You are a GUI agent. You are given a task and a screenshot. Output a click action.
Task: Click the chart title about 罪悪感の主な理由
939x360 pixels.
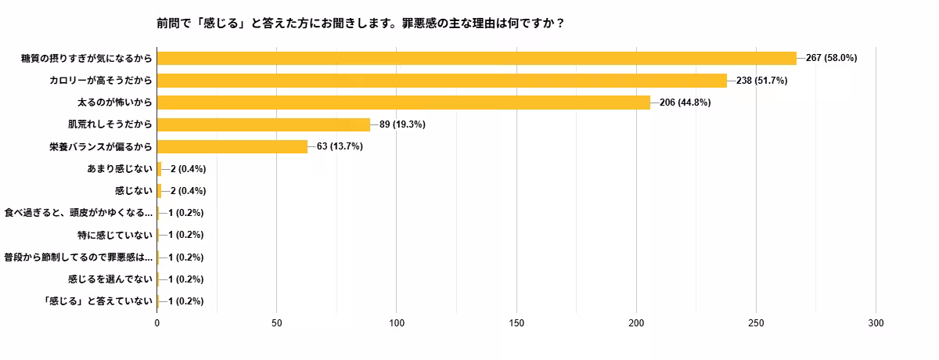click(361, 23)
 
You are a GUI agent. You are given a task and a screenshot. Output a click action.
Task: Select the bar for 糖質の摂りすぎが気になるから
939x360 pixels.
click(477, 58)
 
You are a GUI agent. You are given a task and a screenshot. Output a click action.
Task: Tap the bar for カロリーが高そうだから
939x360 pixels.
click(442, 80)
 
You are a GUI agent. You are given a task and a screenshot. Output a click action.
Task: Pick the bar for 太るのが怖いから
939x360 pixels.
click(404, 102)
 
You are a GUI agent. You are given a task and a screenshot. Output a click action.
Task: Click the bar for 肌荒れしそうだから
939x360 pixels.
click(264, 124)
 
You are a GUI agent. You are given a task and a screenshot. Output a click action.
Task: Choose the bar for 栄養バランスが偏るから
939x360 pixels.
click(232, 146)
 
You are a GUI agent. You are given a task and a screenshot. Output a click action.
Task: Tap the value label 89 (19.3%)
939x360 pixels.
click(402, 124)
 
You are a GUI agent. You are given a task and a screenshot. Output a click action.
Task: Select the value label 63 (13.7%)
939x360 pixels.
click(340, 146)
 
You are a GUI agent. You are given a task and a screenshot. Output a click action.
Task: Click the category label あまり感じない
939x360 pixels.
click(119, 168)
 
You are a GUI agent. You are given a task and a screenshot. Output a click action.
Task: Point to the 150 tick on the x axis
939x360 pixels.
click(516, 322)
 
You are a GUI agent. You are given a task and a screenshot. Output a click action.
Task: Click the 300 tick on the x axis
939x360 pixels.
click(876, 322)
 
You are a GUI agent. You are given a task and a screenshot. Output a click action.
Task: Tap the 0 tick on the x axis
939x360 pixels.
click(157, 322)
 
